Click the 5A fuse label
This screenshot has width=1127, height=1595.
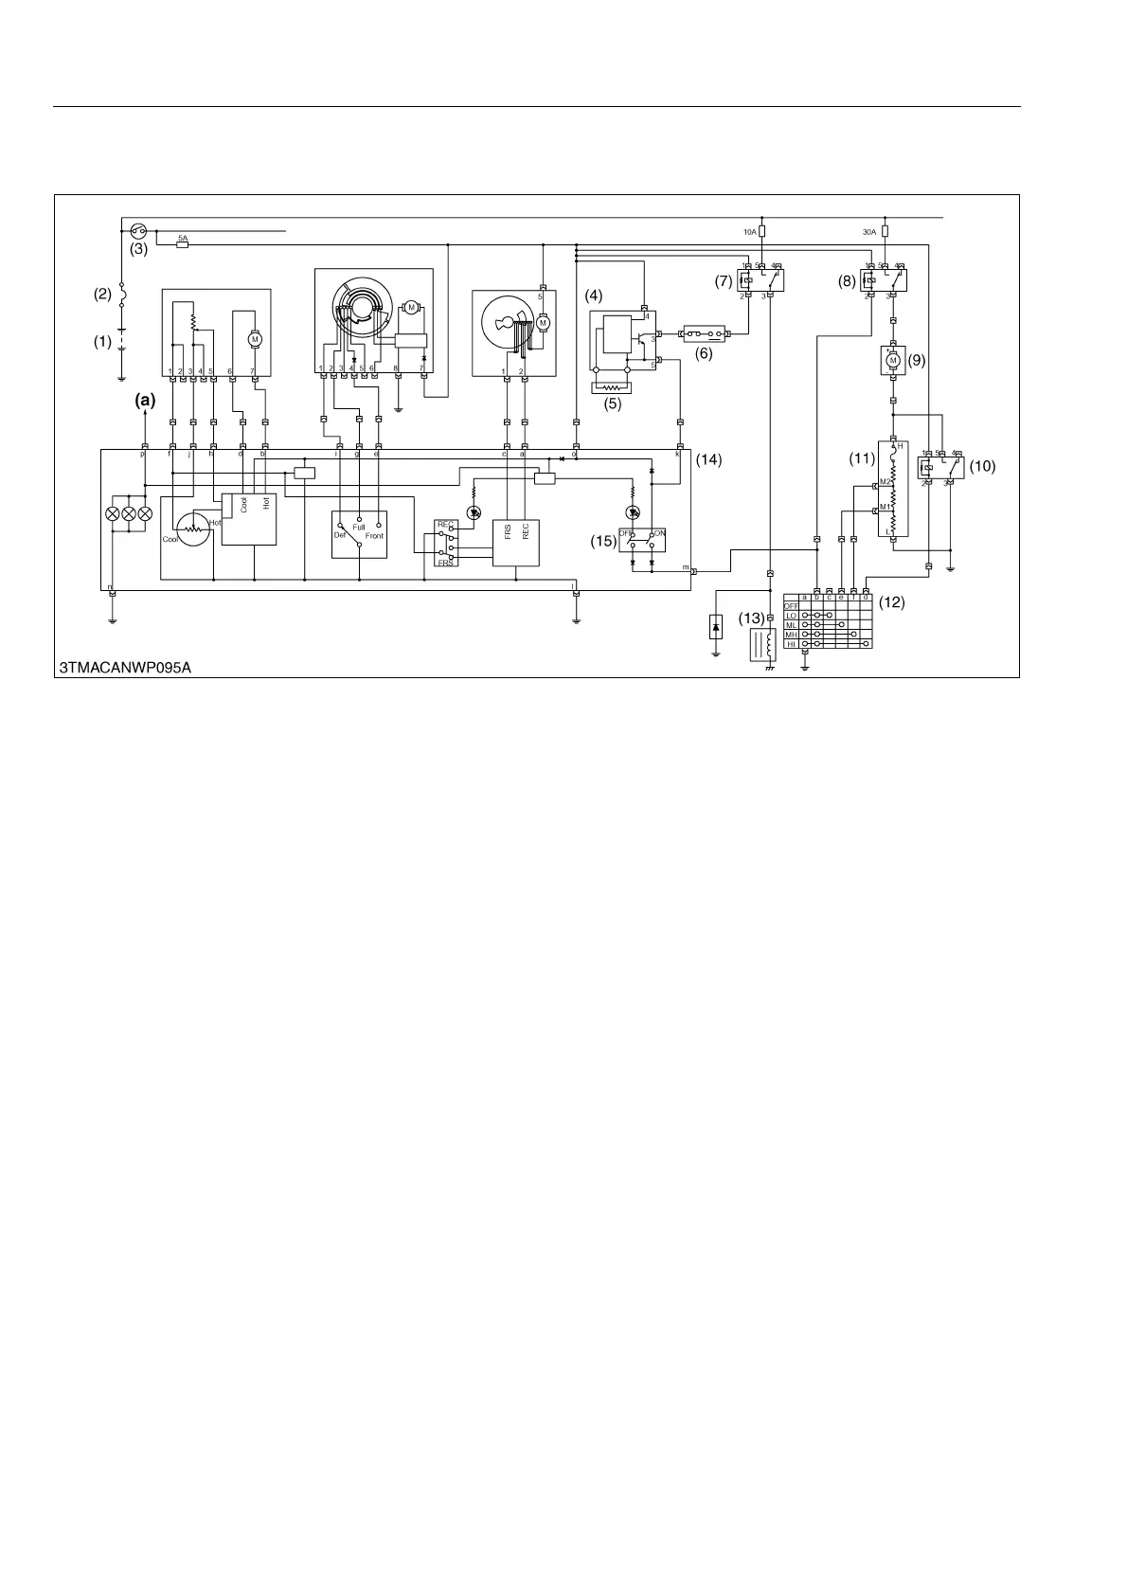point(183,237)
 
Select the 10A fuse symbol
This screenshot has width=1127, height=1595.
point(762,231)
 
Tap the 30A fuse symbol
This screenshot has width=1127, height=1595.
point(885,231)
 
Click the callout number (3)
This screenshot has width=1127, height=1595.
point(138,250)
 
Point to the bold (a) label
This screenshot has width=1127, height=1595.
point(144,401)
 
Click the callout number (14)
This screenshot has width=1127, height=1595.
point(709,459)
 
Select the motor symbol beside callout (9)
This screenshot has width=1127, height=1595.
point(891,360)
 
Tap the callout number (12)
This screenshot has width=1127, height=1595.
point(892,601)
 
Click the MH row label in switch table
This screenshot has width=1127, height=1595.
point(792,635)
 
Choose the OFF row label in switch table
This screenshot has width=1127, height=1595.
point(792,606)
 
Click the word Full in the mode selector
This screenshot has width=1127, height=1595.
point(359,527)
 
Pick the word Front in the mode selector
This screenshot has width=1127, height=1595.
point(374,536)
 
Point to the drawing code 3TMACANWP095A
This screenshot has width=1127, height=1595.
point(126,668)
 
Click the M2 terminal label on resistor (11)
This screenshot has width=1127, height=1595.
point(885,482)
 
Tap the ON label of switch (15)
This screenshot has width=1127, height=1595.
point(659,534)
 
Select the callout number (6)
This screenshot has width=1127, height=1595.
point(704,353)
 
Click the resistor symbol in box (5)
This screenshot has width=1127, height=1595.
point(610,387)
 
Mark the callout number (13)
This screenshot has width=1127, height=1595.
point(751,618)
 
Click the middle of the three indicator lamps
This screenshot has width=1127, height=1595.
point(129,513)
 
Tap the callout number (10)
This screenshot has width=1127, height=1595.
point(983,466)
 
